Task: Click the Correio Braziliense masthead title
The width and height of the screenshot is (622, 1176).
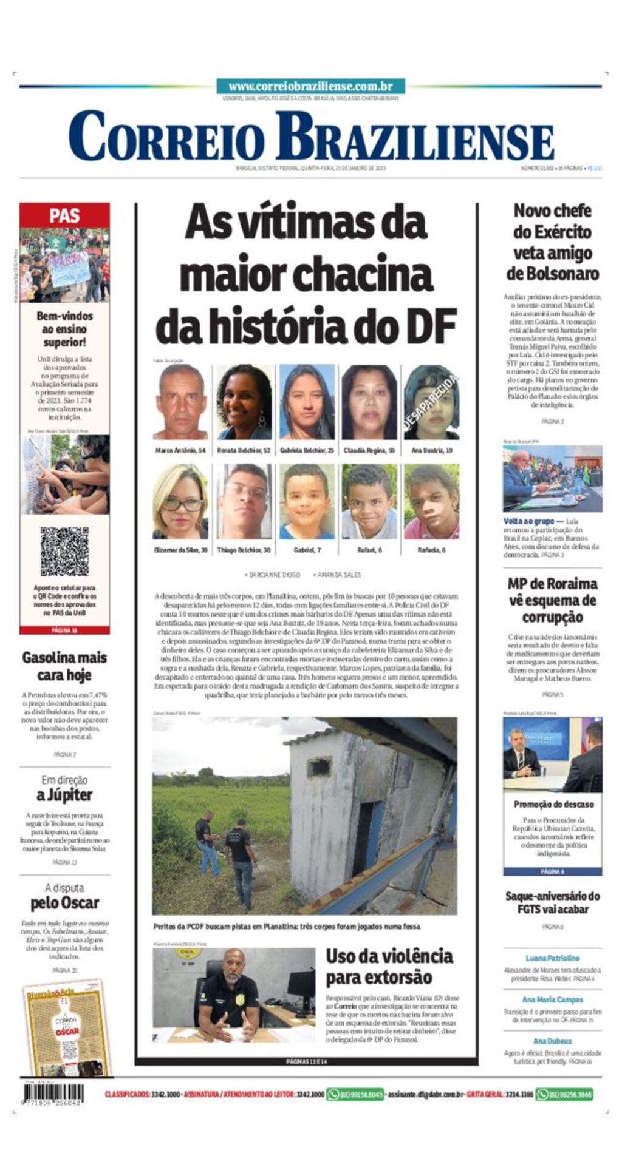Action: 311,137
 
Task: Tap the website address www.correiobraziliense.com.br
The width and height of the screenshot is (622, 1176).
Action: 310,86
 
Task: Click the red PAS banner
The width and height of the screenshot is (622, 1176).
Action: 64,215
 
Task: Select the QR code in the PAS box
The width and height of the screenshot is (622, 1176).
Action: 64,552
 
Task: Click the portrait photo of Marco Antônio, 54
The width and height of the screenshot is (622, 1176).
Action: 181,402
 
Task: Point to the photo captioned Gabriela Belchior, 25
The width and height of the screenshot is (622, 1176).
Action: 307,402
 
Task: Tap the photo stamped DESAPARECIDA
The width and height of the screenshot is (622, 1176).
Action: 431,402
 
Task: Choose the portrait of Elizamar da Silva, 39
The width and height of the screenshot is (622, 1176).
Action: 180,502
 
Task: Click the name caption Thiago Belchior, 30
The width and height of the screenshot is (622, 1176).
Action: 244,550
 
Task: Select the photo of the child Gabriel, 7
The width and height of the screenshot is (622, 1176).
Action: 307,502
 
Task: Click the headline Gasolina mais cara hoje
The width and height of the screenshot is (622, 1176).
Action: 64,666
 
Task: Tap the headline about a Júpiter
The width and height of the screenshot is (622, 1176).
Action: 64,795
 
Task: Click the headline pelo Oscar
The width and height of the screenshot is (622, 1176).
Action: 64,903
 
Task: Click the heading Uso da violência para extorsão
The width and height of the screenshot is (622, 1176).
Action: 389,967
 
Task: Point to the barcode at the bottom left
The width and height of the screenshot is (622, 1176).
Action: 53,1093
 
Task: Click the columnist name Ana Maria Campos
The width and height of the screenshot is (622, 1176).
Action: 552,999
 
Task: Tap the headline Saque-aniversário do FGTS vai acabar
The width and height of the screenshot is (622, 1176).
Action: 552,902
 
